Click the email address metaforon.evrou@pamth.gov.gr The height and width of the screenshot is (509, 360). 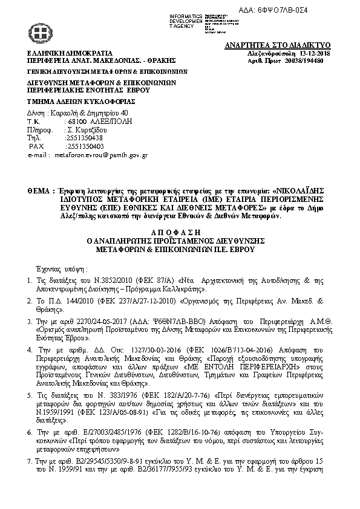tap(101, 155)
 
